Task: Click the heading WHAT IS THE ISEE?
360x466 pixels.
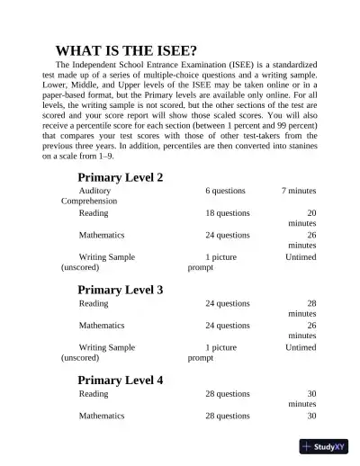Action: point(127,50)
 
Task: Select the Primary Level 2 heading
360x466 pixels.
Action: point(120,177)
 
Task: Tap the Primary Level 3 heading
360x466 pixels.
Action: point(120,290)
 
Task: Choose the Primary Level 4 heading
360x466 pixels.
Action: point(120,380)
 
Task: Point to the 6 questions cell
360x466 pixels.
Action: point(225,191)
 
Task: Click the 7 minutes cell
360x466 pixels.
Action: point(298,191)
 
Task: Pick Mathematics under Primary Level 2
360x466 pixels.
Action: point(103,235)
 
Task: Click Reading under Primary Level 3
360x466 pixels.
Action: point(93,303)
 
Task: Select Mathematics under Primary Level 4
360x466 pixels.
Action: point(103,416)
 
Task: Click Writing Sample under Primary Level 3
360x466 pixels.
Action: point(106,346)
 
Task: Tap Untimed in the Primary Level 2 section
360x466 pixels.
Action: point(301,257)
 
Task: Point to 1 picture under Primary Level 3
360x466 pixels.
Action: point(220,346)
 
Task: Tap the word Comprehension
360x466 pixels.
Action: point(90,202)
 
